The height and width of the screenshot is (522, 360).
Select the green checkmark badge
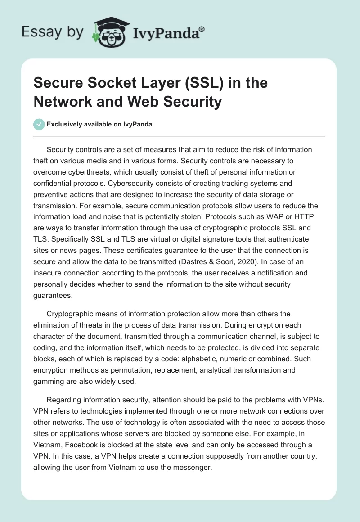click(39, 124)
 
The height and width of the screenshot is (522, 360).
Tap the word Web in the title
click(148, 102)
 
